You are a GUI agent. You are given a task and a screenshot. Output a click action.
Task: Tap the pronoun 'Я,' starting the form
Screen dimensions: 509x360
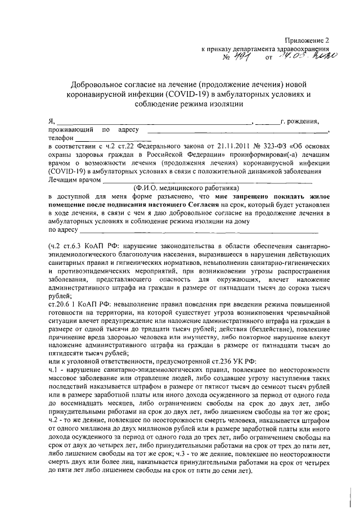(x=52, y=121)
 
